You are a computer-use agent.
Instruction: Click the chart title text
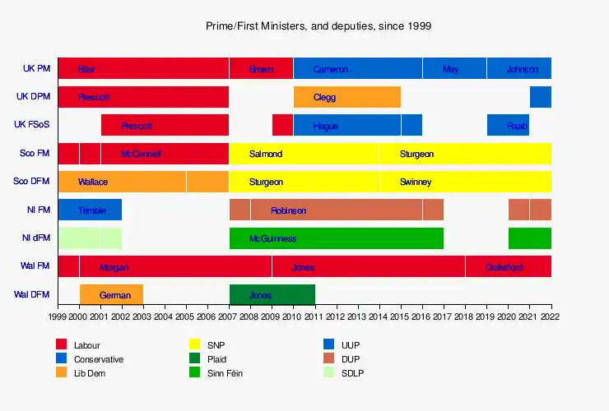318,26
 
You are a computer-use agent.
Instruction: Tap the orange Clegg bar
346,97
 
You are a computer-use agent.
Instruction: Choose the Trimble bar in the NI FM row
90,210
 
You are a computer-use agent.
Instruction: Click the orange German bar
111,295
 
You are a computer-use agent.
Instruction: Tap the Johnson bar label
522,69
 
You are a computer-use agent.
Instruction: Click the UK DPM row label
33,97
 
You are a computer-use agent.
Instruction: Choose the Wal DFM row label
31,295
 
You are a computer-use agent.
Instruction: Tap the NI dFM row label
35,238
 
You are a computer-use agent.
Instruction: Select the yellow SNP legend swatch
195,345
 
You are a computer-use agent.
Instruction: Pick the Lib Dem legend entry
90,373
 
